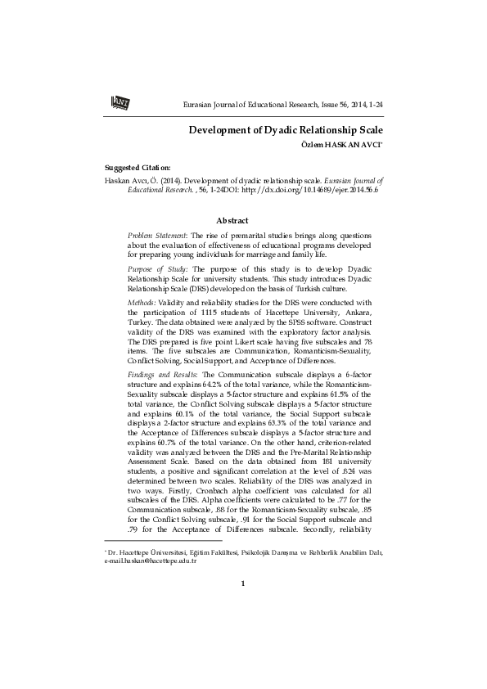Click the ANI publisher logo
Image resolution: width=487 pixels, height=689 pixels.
[x=119, y=101]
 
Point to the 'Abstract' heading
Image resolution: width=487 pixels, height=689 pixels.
[x=232, y=220]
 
